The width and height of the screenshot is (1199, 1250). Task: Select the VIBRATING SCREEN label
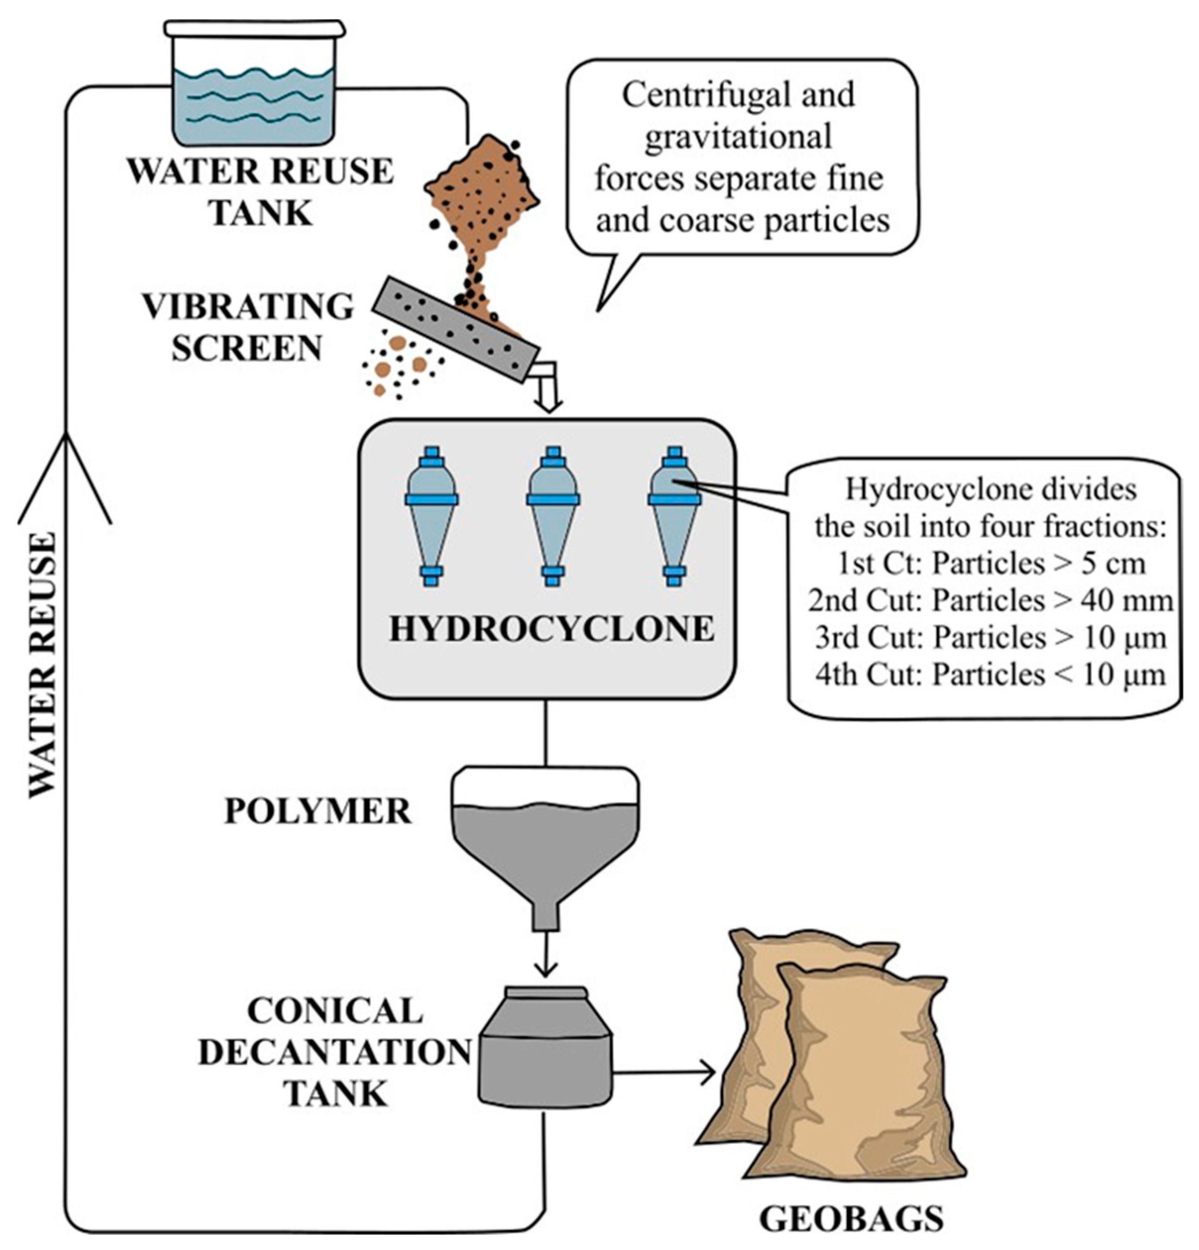click(247, 327)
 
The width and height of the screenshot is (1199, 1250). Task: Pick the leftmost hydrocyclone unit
click(431, 516)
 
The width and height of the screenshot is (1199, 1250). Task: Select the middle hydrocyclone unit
click(552, 516)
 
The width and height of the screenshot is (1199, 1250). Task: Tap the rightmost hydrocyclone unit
click(674, 516)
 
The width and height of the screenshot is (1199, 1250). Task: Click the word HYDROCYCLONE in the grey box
click(552, 629)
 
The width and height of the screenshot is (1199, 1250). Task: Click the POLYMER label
click(318, 811)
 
